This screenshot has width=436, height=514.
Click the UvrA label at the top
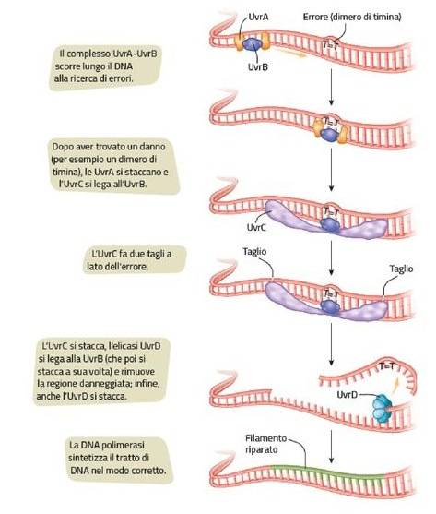258,17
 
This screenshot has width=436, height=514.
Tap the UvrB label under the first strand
258,67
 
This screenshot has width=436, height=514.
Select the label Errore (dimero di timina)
352,17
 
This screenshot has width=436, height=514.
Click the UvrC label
256,227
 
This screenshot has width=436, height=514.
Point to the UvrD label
347,395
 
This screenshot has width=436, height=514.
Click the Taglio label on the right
401,269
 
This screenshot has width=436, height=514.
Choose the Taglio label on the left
254,252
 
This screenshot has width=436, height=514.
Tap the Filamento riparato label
266,444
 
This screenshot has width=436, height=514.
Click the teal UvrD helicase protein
382,408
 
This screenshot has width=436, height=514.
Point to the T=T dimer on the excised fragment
387,366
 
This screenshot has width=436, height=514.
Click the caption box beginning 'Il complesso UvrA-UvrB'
105,66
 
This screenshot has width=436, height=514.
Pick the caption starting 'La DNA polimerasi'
120,459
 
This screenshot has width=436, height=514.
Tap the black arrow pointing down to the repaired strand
331,447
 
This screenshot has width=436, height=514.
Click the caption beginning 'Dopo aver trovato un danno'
114,165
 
